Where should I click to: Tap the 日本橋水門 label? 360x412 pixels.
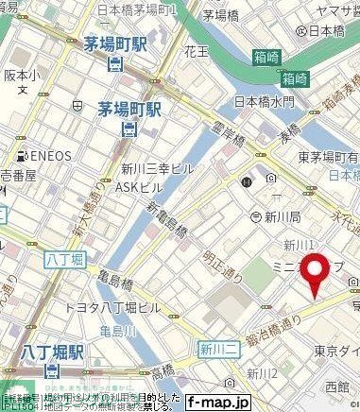[264, 101]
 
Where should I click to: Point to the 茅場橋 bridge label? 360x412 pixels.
[221, 16]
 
